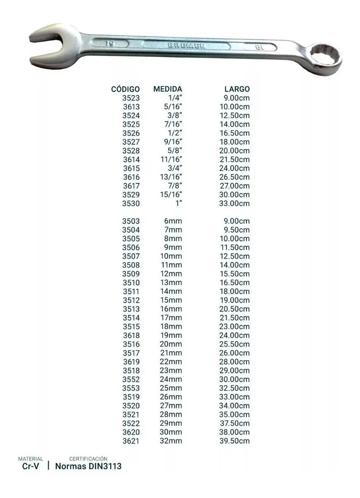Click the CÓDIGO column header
click(x=126, y=89)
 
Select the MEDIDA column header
click(x=168, y=89)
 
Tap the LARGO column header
click(x=237, y=89)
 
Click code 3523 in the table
click(x=131, y=98)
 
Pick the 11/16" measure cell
click(x=171, y=159)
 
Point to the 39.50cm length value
click(x=234, y=441)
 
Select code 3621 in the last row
click(x=131, y=441)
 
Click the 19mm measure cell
click(x=171, y=335)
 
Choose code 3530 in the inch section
click(x=131, y=204)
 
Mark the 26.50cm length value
click(x=234, y=177)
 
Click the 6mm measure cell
click(x=173, y=221)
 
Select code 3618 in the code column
click(x=131, y=336)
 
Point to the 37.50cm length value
click(x=234, y=423)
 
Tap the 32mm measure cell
click(x=171, y=441)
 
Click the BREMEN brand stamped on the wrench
click(x=186, y=45)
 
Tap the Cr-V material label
click(x=31, y=466)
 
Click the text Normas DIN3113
click(x=88, y=466)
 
